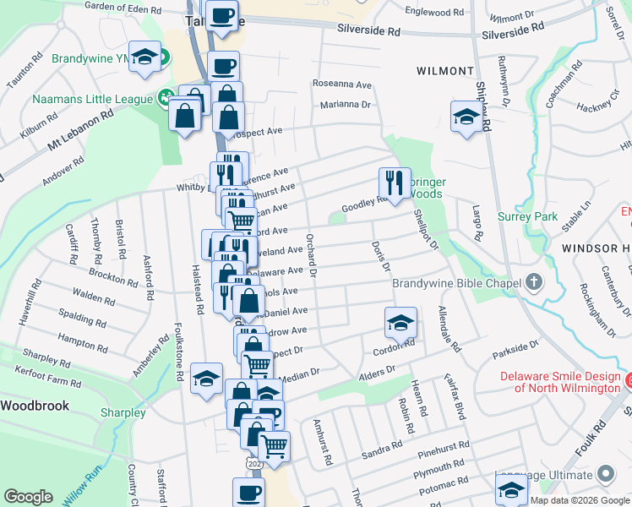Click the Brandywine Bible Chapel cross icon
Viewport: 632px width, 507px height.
coord(533,281)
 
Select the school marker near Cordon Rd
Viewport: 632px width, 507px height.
coord(400,323)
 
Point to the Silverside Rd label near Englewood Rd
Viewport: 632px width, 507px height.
coord(513,28)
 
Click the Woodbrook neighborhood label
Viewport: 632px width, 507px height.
coord(34,406)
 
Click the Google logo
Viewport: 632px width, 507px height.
coord(28,497)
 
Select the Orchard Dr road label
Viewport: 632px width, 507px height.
coord(311,254)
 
